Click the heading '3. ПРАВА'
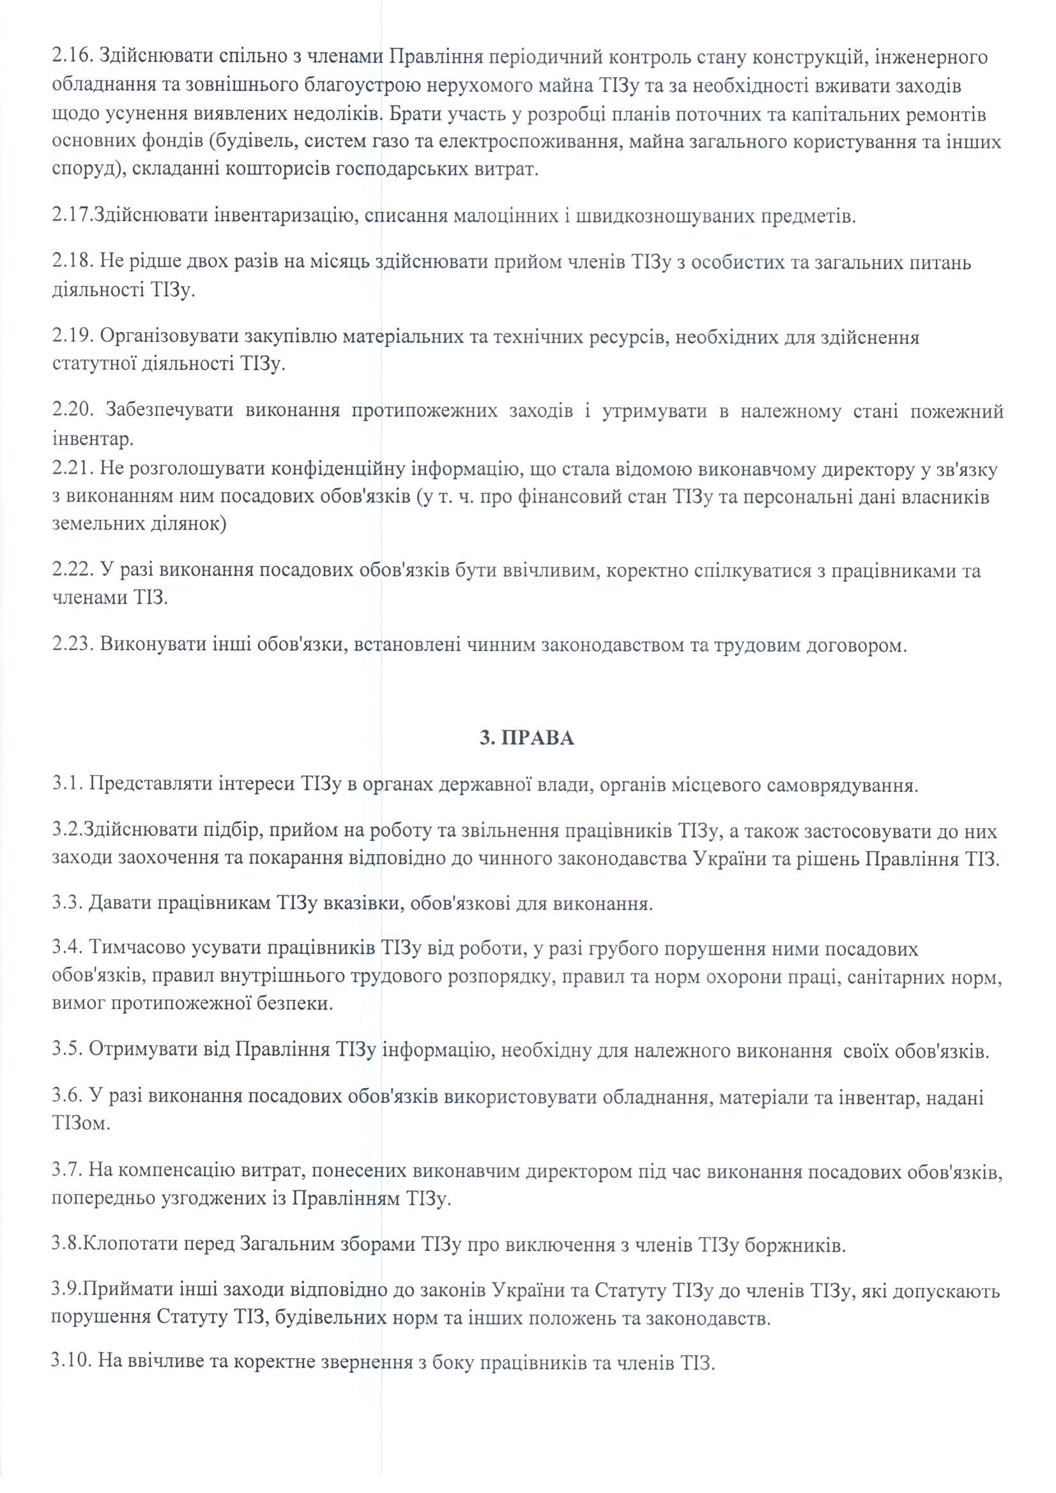click(527, 739)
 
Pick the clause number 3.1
click(66, 785)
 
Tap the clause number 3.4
click(66, 949)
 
